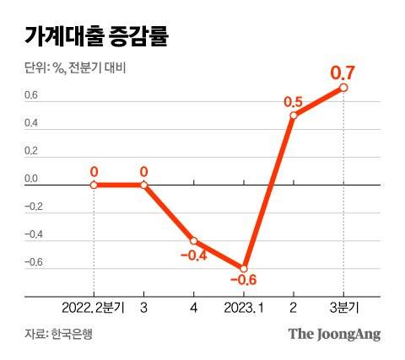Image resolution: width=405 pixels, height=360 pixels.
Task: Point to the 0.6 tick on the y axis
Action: click(x=30, y=95)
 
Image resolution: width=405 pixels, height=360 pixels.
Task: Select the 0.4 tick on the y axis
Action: click(x=30, y=124)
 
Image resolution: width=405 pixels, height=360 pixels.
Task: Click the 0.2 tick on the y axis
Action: click(x=30, y=152)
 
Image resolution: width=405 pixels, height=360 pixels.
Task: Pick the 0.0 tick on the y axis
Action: click(x=30, y=180)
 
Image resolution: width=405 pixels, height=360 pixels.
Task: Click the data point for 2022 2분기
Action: click(x=94, y=185)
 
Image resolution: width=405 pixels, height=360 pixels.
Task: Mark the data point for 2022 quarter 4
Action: click(x=194, y=240)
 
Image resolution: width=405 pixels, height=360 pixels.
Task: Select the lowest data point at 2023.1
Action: click(x=244, y=268)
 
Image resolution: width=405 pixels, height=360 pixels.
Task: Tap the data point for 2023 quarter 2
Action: click(x=294, y=116)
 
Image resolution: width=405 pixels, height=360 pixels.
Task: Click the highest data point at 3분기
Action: click(x=344, y=88)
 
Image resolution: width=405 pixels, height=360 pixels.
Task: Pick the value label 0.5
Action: click(x=294, y=101)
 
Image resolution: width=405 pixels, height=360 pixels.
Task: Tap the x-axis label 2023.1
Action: click(x=244, y=308)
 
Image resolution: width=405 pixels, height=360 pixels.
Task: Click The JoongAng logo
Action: click(x=335, y=334)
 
